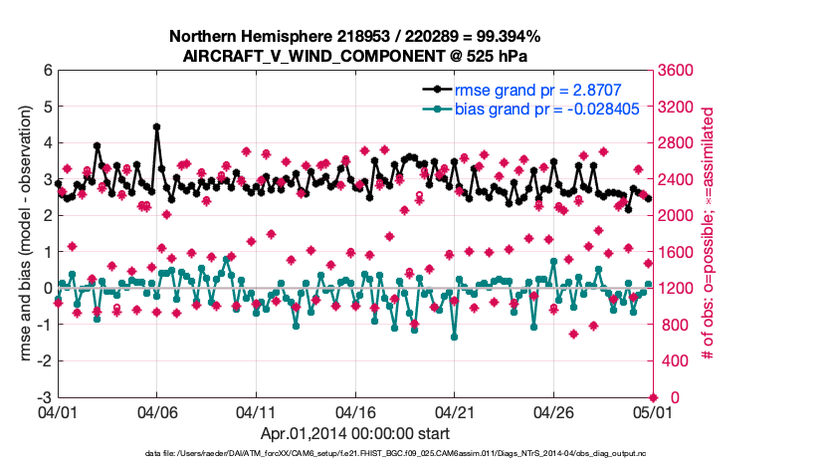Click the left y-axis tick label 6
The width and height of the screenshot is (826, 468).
(x=46, y=71)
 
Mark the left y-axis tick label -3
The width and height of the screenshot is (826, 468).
(x=43, y=397)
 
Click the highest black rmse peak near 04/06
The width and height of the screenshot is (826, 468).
(x=156, y=127)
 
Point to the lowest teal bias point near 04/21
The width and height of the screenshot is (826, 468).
(x=454, y=337)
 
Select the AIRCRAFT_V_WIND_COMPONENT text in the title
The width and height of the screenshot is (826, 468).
(x=298, y=56)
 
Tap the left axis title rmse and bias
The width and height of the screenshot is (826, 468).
(x=25, y=234)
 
